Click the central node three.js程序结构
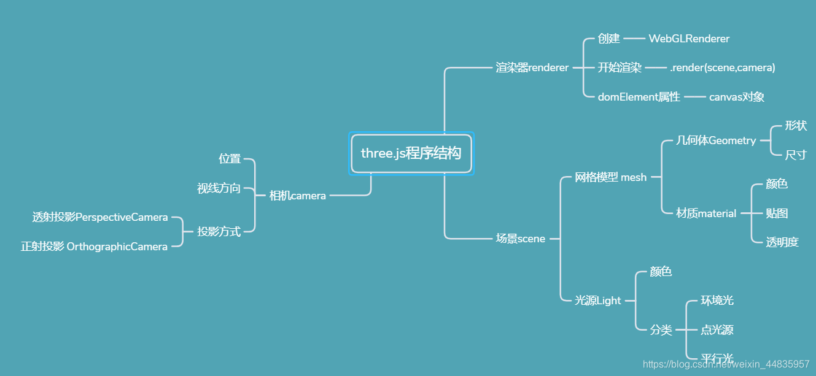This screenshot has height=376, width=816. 411,153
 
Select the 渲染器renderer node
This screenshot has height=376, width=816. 532,67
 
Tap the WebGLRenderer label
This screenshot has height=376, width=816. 689,39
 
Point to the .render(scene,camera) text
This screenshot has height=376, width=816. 723,67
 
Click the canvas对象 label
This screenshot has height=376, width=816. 736,97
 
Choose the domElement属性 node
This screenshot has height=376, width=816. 639,97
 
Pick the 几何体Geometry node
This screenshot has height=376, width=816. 716,140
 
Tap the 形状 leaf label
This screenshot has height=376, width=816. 796,126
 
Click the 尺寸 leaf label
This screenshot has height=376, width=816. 796,155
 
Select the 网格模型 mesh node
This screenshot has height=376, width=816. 610,177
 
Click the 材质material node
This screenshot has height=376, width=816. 706,213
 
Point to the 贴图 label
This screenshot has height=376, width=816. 777,213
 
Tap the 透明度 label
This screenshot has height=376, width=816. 782,242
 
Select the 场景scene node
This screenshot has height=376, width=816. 521,239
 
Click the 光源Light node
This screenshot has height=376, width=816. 597,301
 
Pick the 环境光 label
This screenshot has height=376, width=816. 717,301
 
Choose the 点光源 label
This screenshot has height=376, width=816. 717,330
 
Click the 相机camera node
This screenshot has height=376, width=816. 298,196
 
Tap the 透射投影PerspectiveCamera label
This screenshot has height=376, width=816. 100,217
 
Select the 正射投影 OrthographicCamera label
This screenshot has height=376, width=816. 94,247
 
